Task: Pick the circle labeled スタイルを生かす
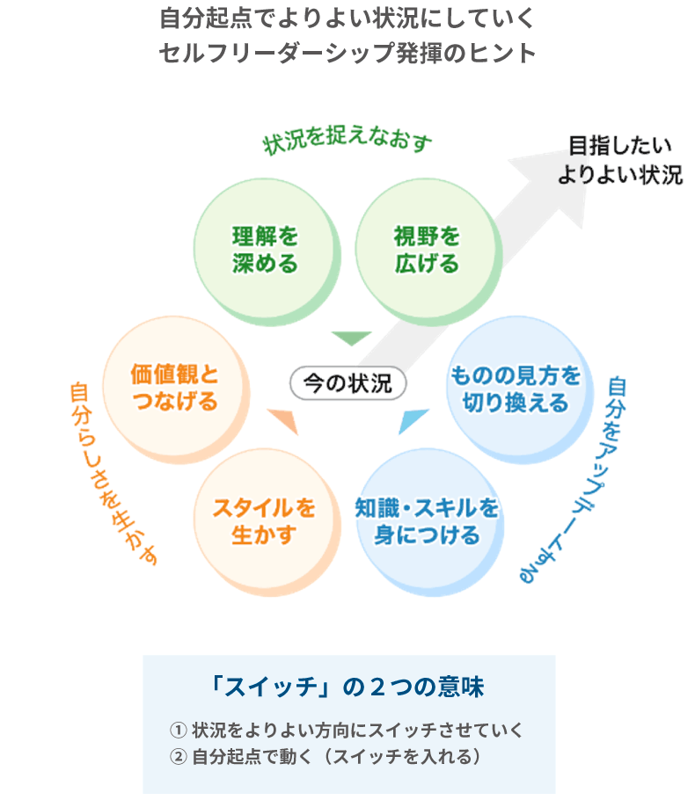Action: click(x=263, y=521)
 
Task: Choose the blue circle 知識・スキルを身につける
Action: click(x=428, y=521)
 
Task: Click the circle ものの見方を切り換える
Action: click(x=516, y=389)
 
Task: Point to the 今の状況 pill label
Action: click(x=347, y=383)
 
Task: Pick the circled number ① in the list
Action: click(x=179, y=730)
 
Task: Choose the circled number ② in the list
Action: click(x=179, y=755)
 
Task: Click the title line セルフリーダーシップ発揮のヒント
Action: click(x=347, y=52)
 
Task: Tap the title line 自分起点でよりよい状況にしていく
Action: click(x=347, y=18)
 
